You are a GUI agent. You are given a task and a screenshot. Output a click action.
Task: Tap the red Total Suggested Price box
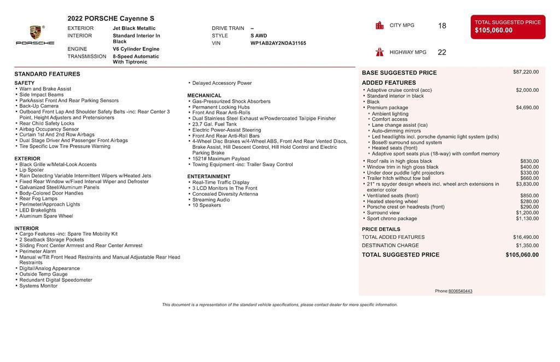tap(507, 27)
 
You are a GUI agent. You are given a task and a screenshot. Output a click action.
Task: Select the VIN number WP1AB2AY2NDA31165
tap(278, 43)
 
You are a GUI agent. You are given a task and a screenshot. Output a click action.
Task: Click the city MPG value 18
tap(442, 26)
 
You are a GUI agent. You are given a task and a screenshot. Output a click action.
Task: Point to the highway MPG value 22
tap(442, 52)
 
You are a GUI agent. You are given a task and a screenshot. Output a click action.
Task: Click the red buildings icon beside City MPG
tap(380, 25)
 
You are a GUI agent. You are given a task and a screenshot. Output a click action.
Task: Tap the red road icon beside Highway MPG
tap(380, 52)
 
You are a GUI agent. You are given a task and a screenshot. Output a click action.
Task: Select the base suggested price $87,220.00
tap(526, 72)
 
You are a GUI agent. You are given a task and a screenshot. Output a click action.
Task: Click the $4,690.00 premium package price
tap(527, 108)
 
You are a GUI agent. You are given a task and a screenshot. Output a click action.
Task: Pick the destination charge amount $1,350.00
tap(527, 246)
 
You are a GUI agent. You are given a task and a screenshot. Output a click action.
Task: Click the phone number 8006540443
tap(460, 291)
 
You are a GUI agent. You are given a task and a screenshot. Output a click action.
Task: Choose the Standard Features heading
tap(47, 74)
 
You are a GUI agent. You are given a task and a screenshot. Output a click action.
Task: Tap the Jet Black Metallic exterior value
tap(134, 28)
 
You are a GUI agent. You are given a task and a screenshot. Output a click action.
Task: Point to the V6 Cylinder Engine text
tap(136, 49)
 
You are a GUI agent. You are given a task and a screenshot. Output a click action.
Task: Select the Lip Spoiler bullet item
tap(32, 170)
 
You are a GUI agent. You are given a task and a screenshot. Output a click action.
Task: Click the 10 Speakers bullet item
tap(207, 206)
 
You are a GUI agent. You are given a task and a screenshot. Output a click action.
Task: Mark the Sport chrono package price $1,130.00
tap(527, 219)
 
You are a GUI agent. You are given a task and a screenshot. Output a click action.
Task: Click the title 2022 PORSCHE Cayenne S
tap(111, 19)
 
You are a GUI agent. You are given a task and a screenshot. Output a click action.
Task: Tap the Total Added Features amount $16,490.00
tap(526, 237)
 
